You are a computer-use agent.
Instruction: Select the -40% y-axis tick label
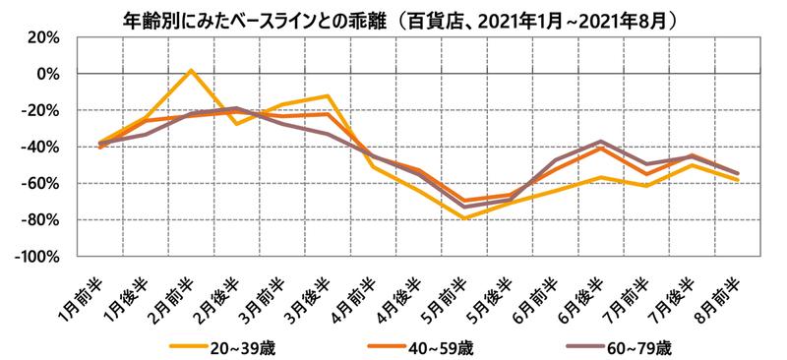coord(40,147)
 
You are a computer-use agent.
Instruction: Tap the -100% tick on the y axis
coord(36,256)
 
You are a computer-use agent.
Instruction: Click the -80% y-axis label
coord(40,219)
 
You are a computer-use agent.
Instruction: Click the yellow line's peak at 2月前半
coord(191,71)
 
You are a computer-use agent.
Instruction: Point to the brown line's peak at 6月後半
coord(600,141)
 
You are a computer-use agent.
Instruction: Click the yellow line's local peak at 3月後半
coord(328,95)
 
